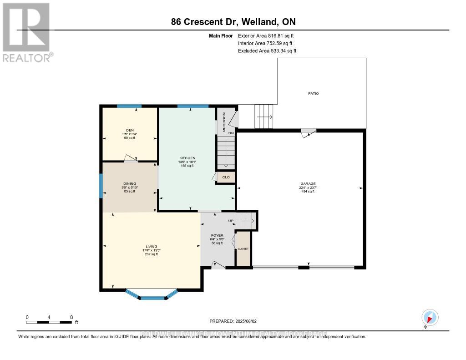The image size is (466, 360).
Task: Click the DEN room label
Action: [x=130, y=130]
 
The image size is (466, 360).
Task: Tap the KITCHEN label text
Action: [x=187, y=158]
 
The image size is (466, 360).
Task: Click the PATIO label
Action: [x=313, y=93]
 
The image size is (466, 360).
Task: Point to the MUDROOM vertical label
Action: [x=224, y=122]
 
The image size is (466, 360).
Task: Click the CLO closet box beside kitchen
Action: [x=226, y=177]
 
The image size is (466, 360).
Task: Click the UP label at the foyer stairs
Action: [x=231, y=221]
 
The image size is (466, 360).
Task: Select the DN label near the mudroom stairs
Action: [x=231, y=133]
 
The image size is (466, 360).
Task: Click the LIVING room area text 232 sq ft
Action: [x=152, y=254]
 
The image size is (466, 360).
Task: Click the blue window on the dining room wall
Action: [x=101, y=186]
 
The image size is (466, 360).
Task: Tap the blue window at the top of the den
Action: [x=129, y=106]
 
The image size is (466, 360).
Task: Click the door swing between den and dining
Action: [x=131, y=159]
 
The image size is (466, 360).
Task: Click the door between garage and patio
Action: [x=309, y=132]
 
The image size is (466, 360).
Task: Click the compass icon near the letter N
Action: [x=430, y=317]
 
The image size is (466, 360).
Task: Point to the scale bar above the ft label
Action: [x=49, y=322]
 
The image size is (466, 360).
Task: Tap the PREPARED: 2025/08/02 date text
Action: [x=233, y=321]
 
